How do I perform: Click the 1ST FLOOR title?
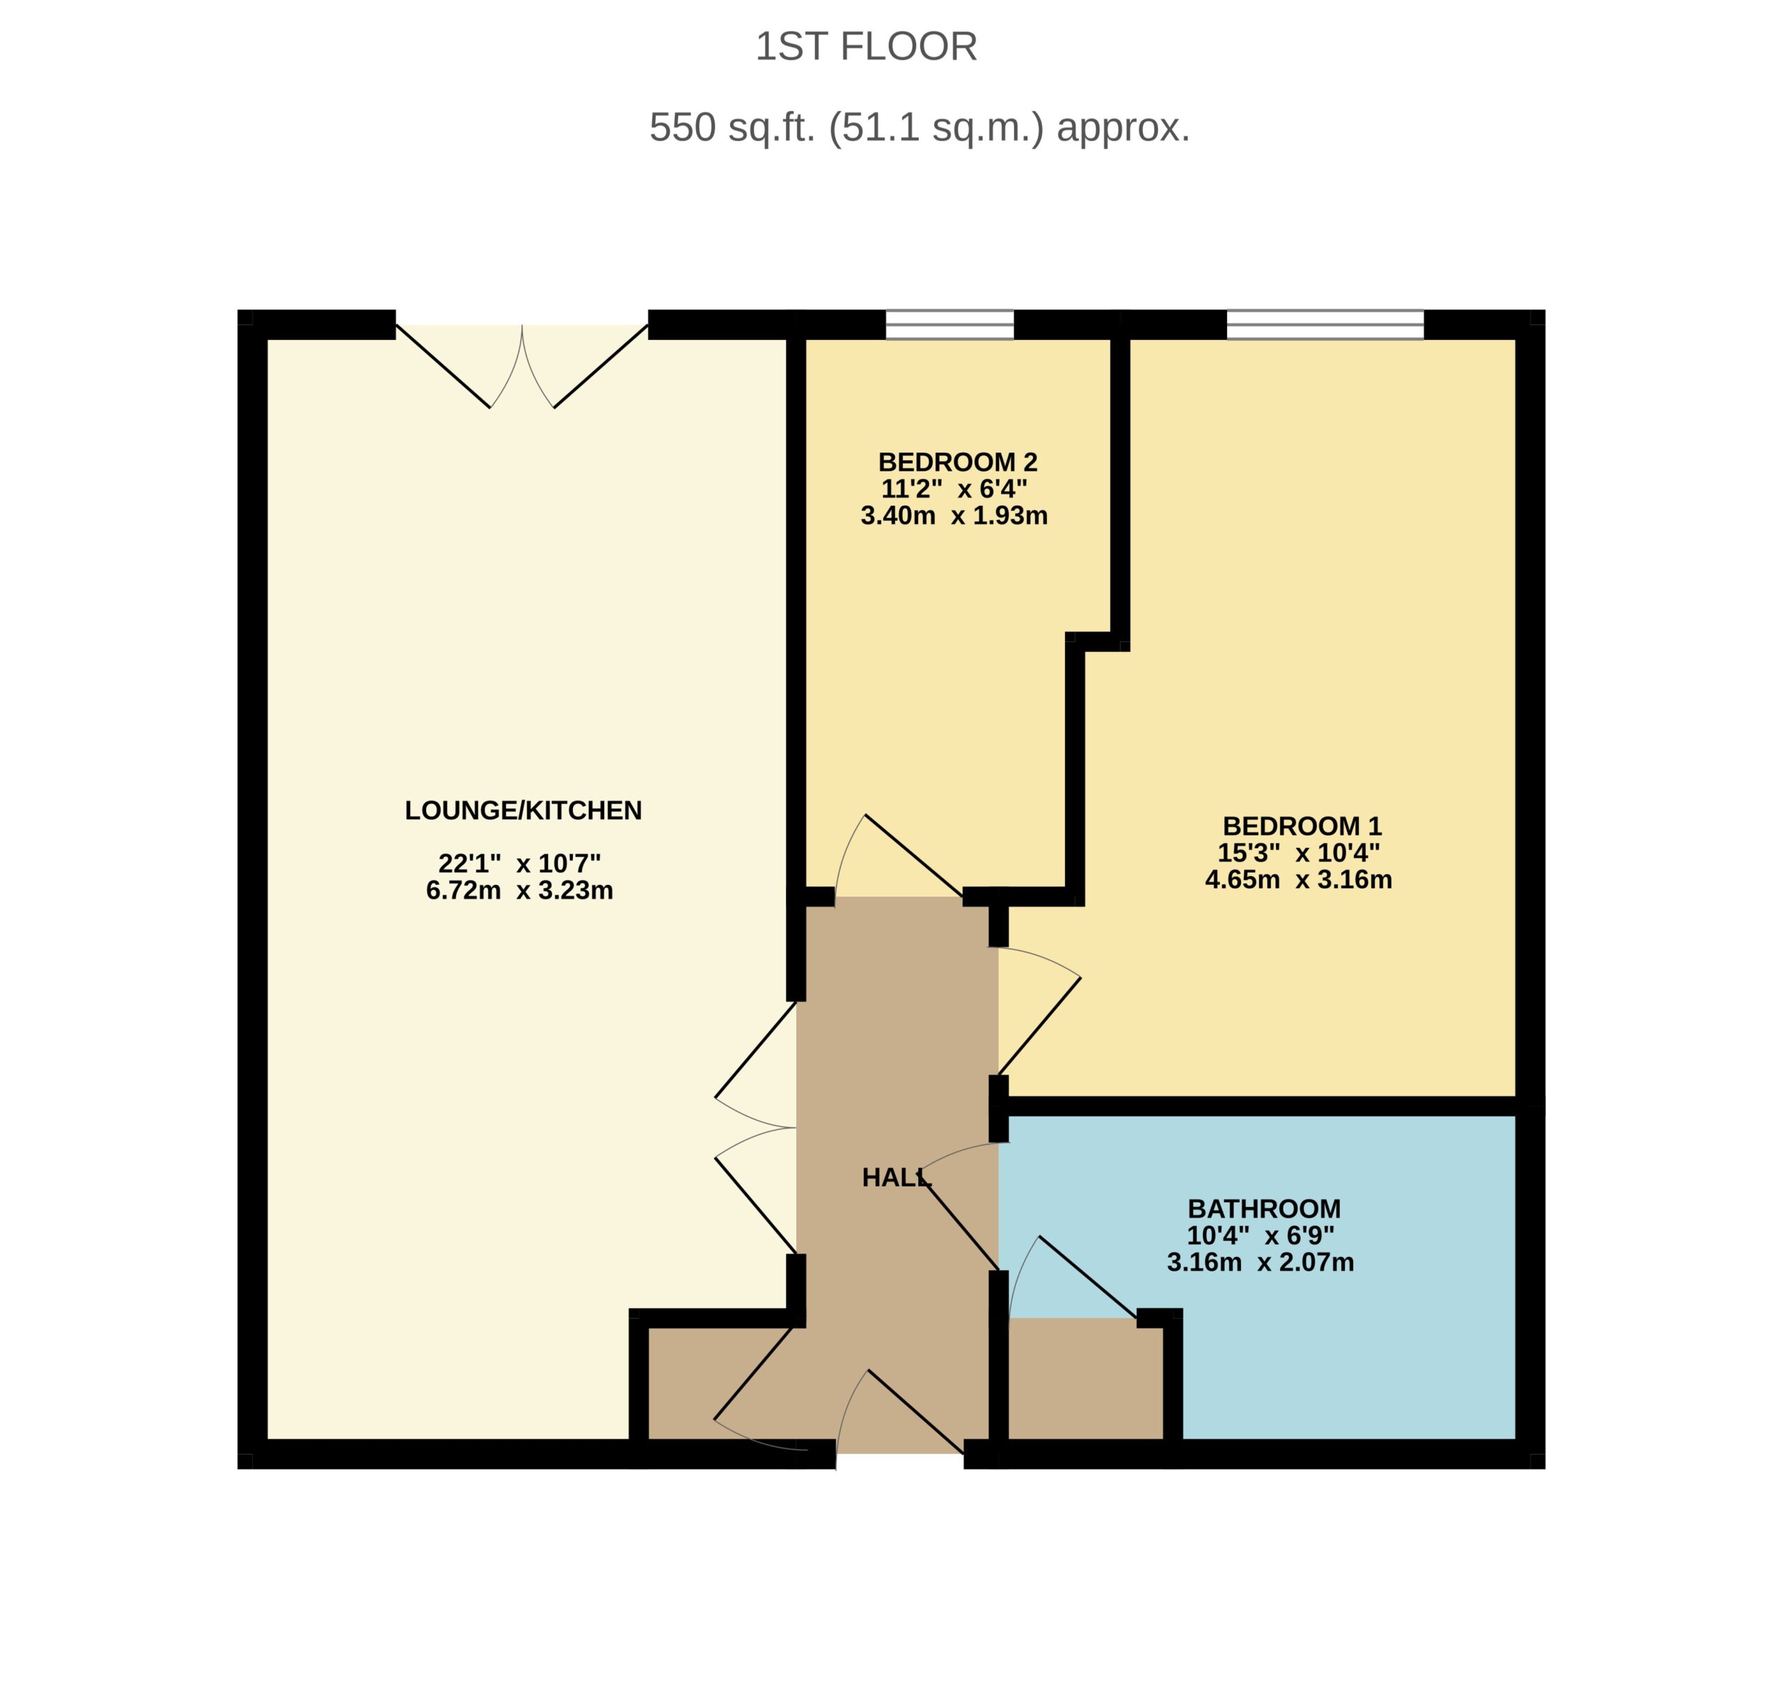point(867,47)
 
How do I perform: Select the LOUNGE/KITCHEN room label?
point(523,811)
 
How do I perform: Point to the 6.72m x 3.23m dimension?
point(520,891)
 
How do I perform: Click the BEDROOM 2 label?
point(959,462)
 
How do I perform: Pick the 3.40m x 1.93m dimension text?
point(954,515)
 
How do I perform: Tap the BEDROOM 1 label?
point(1302,826)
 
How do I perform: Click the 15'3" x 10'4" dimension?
point(1299,852)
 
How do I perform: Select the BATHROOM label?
point(1265,1209)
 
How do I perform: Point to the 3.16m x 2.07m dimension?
point(1261,1262)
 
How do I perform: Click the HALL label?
point(897,1177)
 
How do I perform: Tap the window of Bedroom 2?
point(950,324)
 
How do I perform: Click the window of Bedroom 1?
point(1325,324)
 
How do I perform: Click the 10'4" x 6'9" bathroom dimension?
point(1261,1235)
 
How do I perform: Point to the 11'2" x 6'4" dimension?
point(954,490)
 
